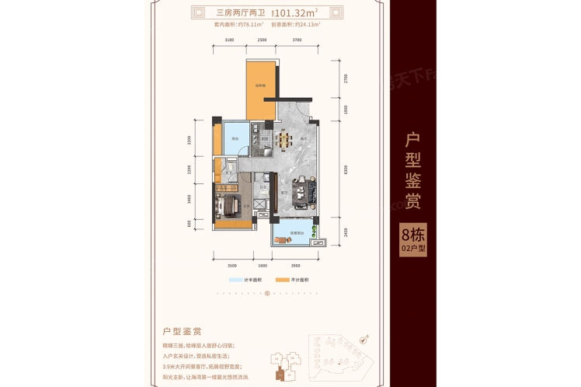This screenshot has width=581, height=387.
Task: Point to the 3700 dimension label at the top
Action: tap(297, 39)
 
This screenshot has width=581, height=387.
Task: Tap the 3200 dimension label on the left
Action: tap(189, 141)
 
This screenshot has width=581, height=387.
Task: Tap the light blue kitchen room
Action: tap(235, 140)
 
